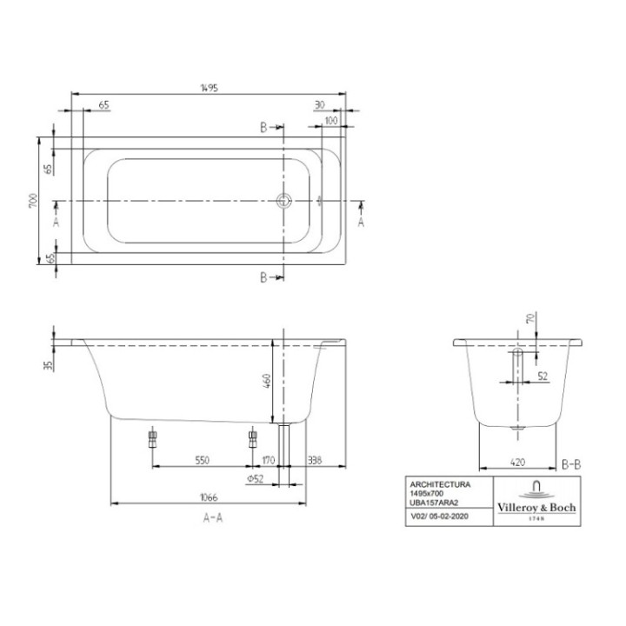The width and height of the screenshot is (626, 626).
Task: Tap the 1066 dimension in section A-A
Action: tap(209, 497)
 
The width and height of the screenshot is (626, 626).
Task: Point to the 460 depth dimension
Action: tap(268, 381)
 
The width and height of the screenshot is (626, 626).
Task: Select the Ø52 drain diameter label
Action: tap(255, 479)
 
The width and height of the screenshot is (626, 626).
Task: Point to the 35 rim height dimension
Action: tap(49, 364)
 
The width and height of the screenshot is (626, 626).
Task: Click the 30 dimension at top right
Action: tap(319, 104)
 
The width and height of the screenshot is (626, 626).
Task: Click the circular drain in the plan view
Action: tap(283, 201)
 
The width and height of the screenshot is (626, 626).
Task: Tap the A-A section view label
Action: tap(213, 518)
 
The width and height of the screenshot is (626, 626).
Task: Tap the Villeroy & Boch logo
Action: tap(536, 502)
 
